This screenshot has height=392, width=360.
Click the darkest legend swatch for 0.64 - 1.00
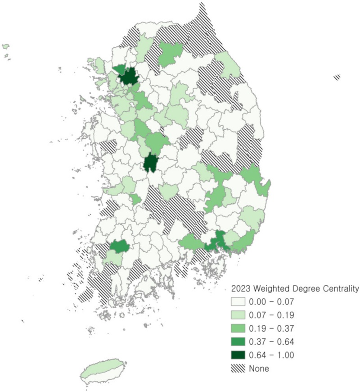(238, 355)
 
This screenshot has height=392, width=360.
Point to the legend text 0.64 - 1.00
(271, 355)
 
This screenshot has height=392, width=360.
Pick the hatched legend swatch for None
(238, 369)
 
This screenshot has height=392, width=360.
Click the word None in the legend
(259, 369)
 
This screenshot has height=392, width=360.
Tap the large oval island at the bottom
(103, 370)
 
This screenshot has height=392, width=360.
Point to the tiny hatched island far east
(337, 77)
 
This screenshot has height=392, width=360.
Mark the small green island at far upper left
(6, 46)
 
